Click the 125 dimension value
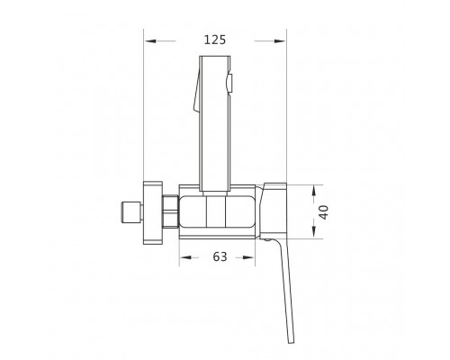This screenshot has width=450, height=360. [215, 40]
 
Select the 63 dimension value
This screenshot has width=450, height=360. [220, 256]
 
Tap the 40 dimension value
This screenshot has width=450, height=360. [323, 212]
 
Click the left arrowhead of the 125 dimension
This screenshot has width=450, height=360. [150, 40]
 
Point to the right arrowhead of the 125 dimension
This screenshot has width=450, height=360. [280, 40]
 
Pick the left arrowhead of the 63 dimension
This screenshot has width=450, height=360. [185, 257]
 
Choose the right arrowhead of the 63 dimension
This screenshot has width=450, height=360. [248, 257]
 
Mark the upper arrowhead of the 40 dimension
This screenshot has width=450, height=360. [314, 191]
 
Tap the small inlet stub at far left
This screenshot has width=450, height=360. [130, 212]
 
